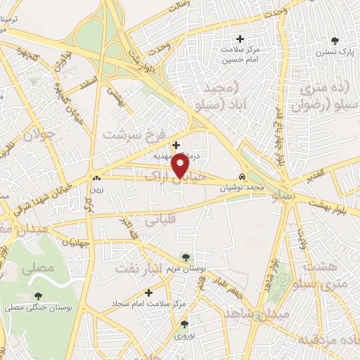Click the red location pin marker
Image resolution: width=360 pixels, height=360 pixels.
181,166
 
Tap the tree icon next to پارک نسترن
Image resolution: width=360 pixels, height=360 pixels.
345,41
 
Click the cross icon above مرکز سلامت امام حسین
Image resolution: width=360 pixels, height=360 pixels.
240,39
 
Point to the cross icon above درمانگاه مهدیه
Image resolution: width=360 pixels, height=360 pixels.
176,145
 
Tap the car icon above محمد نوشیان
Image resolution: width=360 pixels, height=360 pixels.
243,177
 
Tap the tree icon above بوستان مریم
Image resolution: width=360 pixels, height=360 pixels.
185,258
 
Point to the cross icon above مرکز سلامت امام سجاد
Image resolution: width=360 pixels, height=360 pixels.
148,292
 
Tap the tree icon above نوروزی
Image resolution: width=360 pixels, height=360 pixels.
184,324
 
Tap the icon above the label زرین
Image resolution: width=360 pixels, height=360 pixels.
96,179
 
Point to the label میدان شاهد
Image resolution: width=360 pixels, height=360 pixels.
246,314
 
